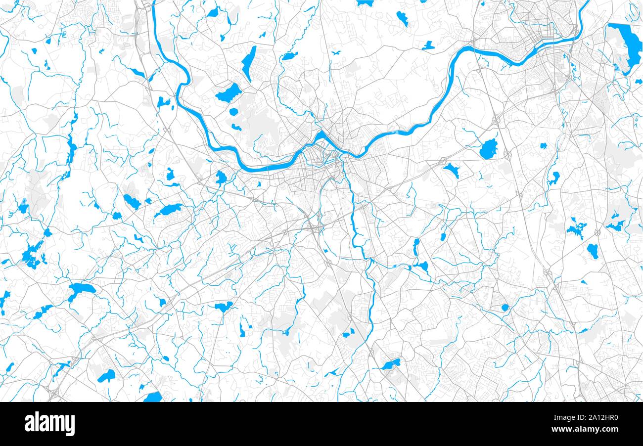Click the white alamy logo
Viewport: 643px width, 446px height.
click(49, 424)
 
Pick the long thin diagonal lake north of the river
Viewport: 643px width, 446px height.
click(249, 63)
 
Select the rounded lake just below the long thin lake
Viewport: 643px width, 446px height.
click(228, 92)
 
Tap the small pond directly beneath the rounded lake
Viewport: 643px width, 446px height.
click(233, 111)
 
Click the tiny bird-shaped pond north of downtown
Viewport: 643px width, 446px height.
click(336, 52)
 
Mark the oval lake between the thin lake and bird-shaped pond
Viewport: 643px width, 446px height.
click(288, 56)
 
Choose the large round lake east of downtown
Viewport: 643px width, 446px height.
click(488, 149)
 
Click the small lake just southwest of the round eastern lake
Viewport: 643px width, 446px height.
click(452, 171)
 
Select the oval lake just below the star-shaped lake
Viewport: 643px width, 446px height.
click(592, 251)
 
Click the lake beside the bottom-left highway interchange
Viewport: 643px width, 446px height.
click(106, 376)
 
